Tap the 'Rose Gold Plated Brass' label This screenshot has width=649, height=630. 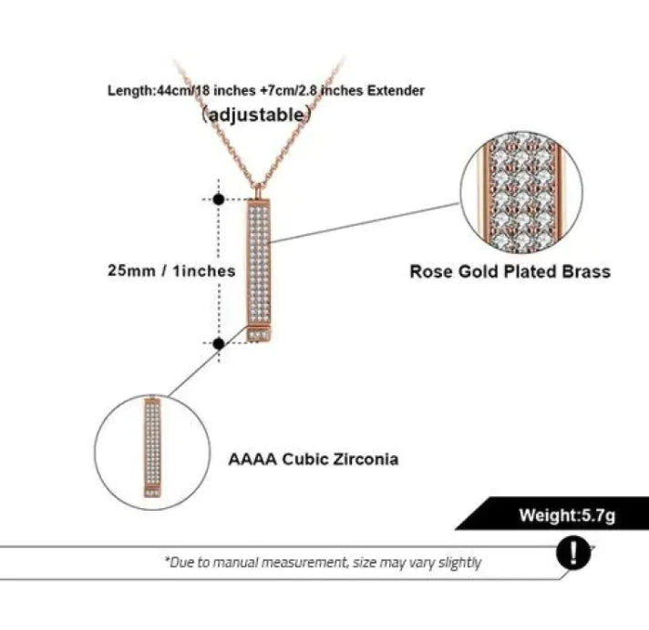click(x=510, y=271)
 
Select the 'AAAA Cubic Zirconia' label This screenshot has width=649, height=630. click(x=313, y=459)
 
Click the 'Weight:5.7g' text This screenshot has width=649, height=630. click(x=567, y=515)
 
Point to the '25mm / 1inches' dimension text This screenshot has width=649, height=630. click(x=170, y=270)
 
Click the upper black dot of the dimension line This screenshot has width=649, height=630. click(x=219, y=198)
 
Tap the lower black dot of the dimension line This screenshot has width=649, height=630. click(x=219, y=343)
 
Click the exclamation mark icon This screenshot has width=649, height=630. click(x=572, y=553)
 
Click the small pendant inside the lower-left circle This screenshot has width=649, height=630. click(x=152, y=446)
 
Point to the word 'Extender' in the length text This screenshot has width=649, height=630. click(x=397, y=91)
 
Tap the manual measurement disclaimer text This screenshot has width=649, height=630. click(x=323, y=563)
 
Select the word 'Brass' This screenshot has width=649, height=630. click(x=585, y=271)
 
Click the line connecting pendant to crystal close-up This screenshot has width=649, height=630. click(x=365, y=223)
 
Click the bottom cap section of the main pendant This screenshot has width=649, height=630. click(x=261, y=332)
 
